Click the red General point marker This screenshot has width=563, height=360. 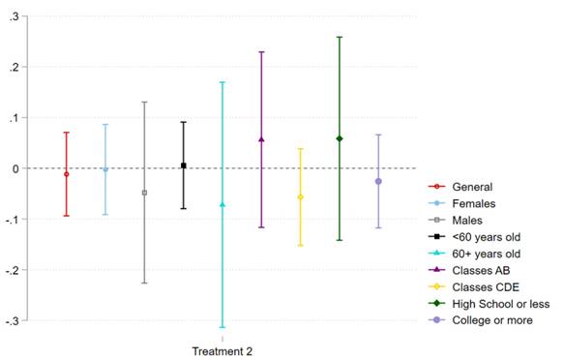(67, 174)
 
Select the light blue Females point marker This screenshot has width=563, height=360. (105, 169)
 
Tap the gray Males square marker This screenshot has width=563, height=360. (145, 193)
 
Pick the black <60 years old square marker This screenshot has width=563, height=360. (184, 165)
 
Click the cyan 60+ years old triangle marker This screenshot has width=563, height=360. (222, 204)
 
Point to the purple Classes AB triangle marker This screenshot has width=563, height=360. (261, 139)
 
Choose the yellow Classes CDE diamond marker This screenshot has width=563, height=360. (300, 197)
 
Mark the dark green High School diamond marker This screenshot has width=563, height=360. (340, 138)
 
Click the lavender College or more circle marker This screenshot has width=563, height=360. (378, 181)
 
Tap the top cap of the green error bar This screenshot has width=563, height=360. (340, 37)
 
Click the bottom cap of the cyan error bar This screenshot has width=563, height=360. (222, 328)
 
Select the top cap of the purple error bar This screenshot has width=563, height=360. (261, 51)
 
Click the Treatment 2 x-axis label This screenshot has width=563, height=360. (222, 350)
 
